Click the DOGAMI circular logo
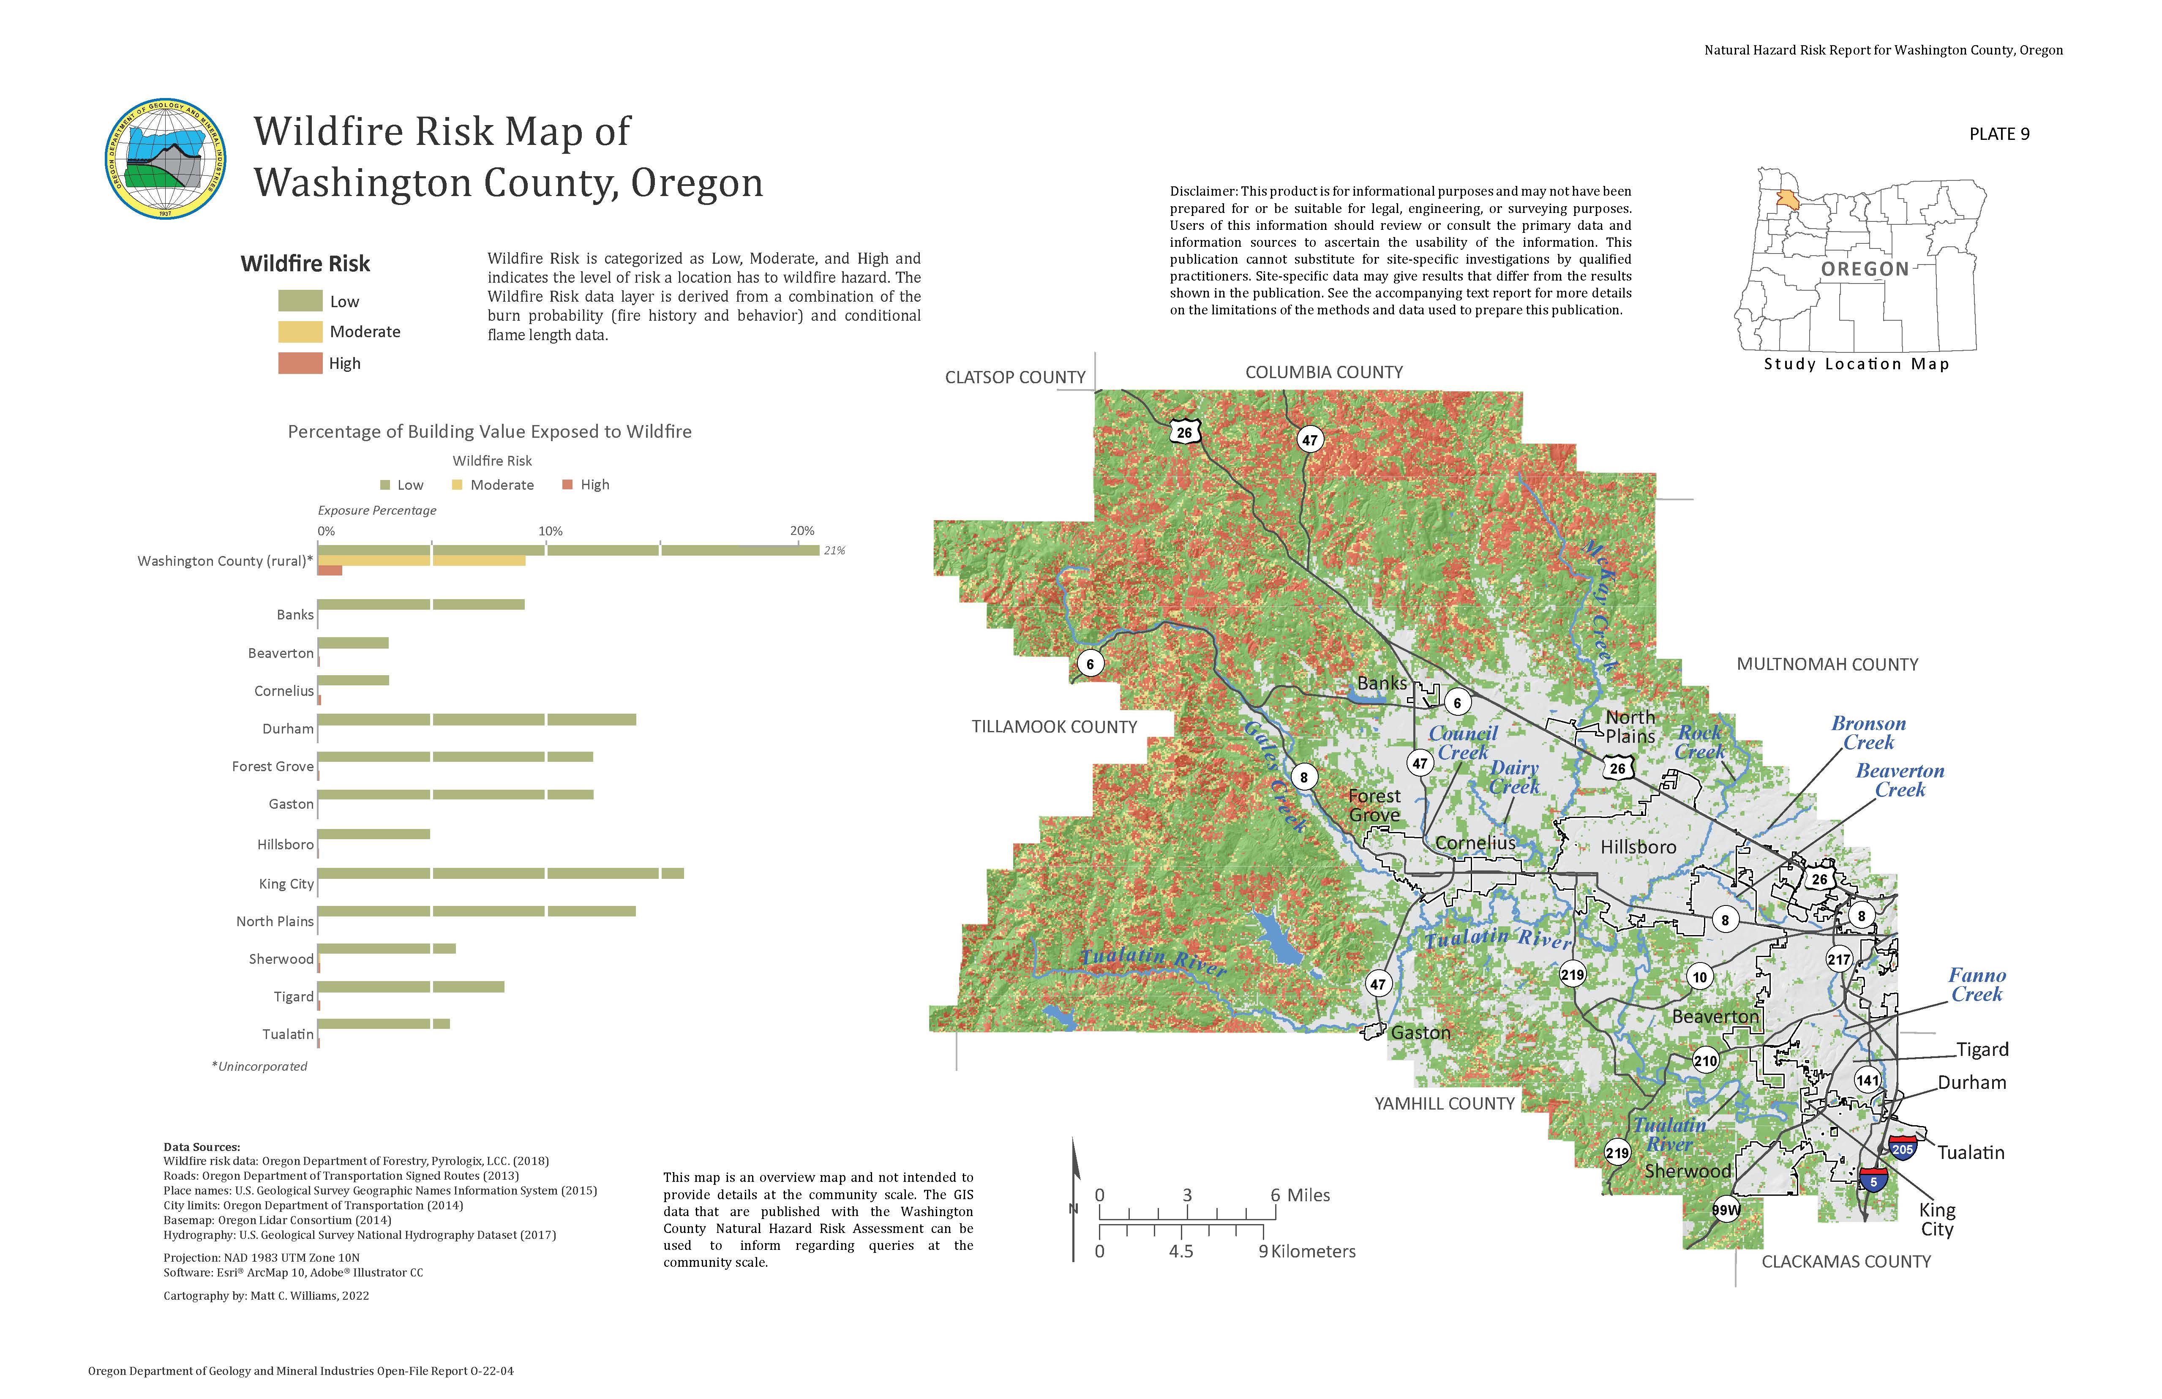pyautogui.click(x=165, y=159)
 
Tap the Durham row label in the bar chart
pyautogui.click(x=288, y=728)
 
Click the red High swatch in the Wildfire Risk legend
pyautogui.click(x=300, y=363)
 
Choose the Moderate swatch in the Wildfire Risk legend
pyautogui.click(x=300, y=332)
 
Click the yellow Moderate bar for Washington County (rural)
pyautogui.click(x=420, y=561)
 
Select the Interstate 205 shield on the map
pyautogui.click(x=1902, y=1147)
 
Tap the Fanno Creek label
pyautogui.click(x=1977, y=985)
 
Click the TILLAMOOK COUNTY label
pyautogui.click(x=1054, y=727)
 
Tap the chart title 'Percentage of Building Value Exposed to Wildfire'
pyautogui.click(x=490, y=431)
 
